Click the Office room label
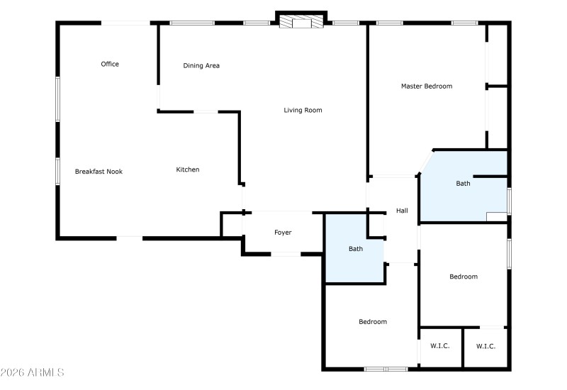click(x=110, y=65)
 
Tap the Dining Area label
click(x=201, y=66)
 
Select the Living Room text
click(x=303, y=110)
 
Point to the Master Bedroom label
click(x=426, y=87)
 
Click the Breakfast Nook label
click(x=99, y=172)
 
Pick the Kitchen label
click(x=188, y=169)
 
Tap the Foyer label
click(x=283, y=233)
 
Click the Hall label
click(x=402, y=211)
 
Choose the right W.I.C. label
click(x=485, y=346)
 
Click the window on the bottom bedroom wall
click(x=386, y=369)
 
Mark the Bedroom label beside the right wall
click(x=464, y=277)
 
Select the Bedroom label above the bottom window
click(x=373, y=322)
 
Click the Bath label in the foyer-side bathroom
click(x=356, y=249)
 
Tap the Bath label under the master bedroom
click(x=463, y=184)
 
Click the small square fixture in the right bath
click(x=496, y=217)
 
